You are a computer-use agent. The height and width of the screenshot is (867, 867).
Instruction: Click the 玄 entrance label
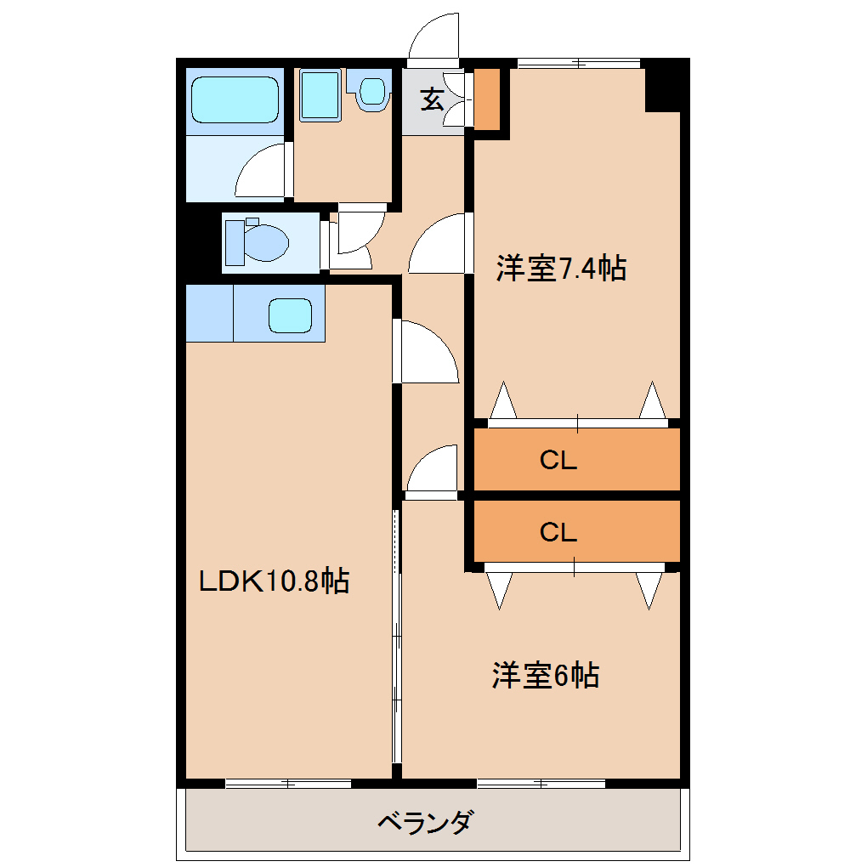(433, 99)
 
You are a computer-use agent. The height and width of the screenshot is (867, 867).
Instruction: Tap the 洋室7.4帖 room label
(561, 268)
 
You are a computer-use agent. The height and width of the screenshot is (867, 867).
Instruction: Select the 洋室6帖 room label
(546, 675)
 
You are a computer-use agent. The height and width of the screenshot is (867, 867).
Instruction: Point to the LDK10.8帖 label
(274, 581)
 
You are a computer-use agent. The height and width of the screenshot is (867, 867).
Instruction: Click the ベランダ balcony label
(425, 822)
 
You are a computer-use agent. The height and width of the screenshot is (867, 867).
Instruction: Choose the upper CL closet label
(558, 460)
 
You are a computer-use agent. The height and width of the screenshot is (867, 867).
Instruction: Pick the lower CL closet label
(558, 532)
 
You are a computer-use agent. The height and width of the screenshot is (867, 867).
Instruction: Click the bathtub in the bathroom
(235, 100)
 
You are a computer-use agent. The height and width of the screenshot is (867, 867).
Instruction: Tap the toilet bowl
(258, 242)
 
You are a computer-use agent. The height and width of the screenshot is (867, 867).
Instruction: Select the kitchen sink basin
(291, 315)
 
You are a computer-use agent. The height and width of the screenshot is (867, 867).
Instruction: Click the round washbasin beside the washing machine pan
(372, 93)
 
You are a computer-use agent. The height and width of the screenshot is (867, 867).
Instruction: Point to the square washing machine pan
(320, 95)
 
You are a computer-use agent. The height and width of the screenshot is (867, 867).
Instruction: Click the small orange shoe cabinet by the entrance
(487, 99)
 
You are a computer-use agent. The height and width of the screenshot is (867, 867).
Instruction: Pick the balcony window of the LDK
(288, 784)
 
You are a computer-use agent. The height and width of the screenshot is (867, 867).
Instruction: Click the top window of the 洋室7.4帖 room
(579, 63)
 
